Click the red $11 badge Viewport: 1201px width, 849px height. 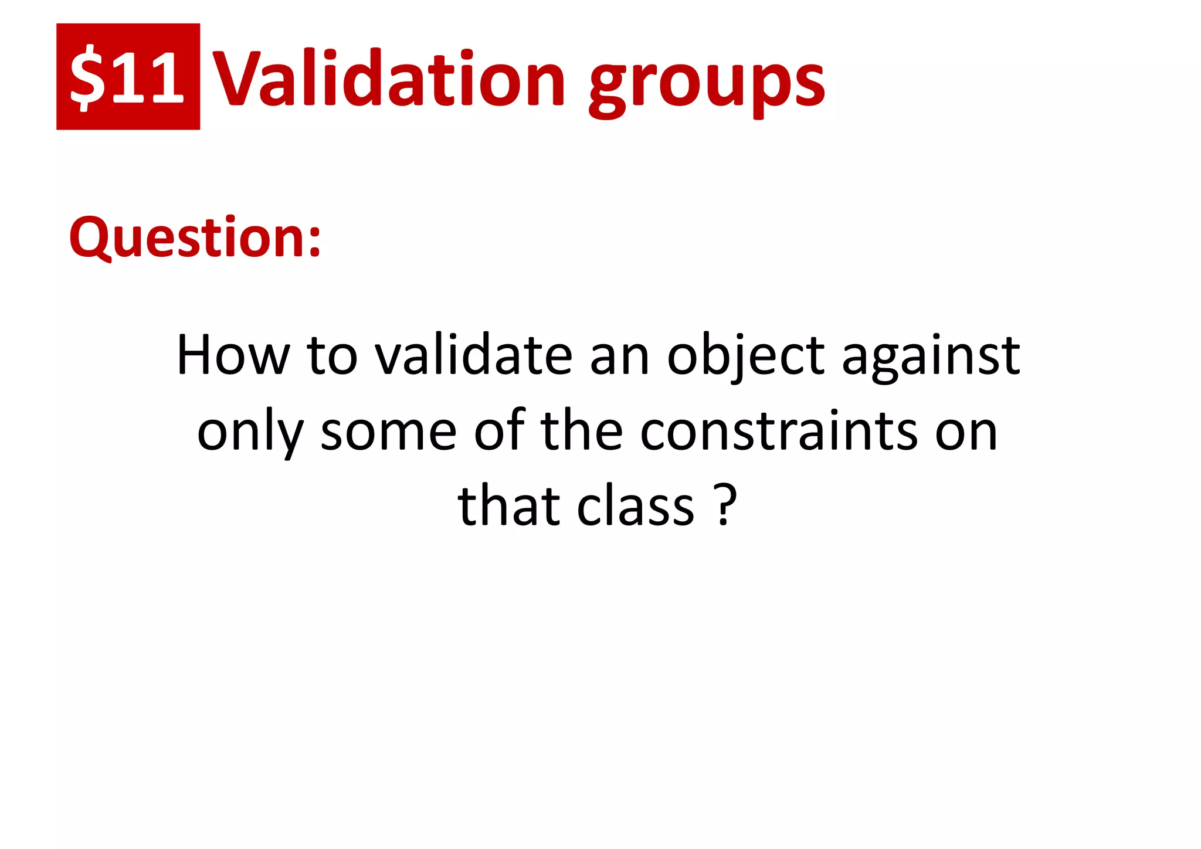[x=128, y=77]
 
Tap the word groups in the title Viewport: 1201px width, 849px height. [x=707, y=82]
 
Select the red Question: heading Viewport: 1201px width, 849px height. [x=195, y=237]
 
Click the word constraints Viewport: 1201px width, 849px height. [x=779, y=432]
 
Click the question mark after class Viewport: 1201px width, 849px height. [x=727, y=505]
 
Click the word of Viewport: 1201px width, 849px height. [x=499, y=432]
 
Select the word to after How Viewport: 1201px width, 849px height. [x=331, y=356]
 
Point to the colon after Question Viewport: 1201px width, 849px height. [x=315, y=242]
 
